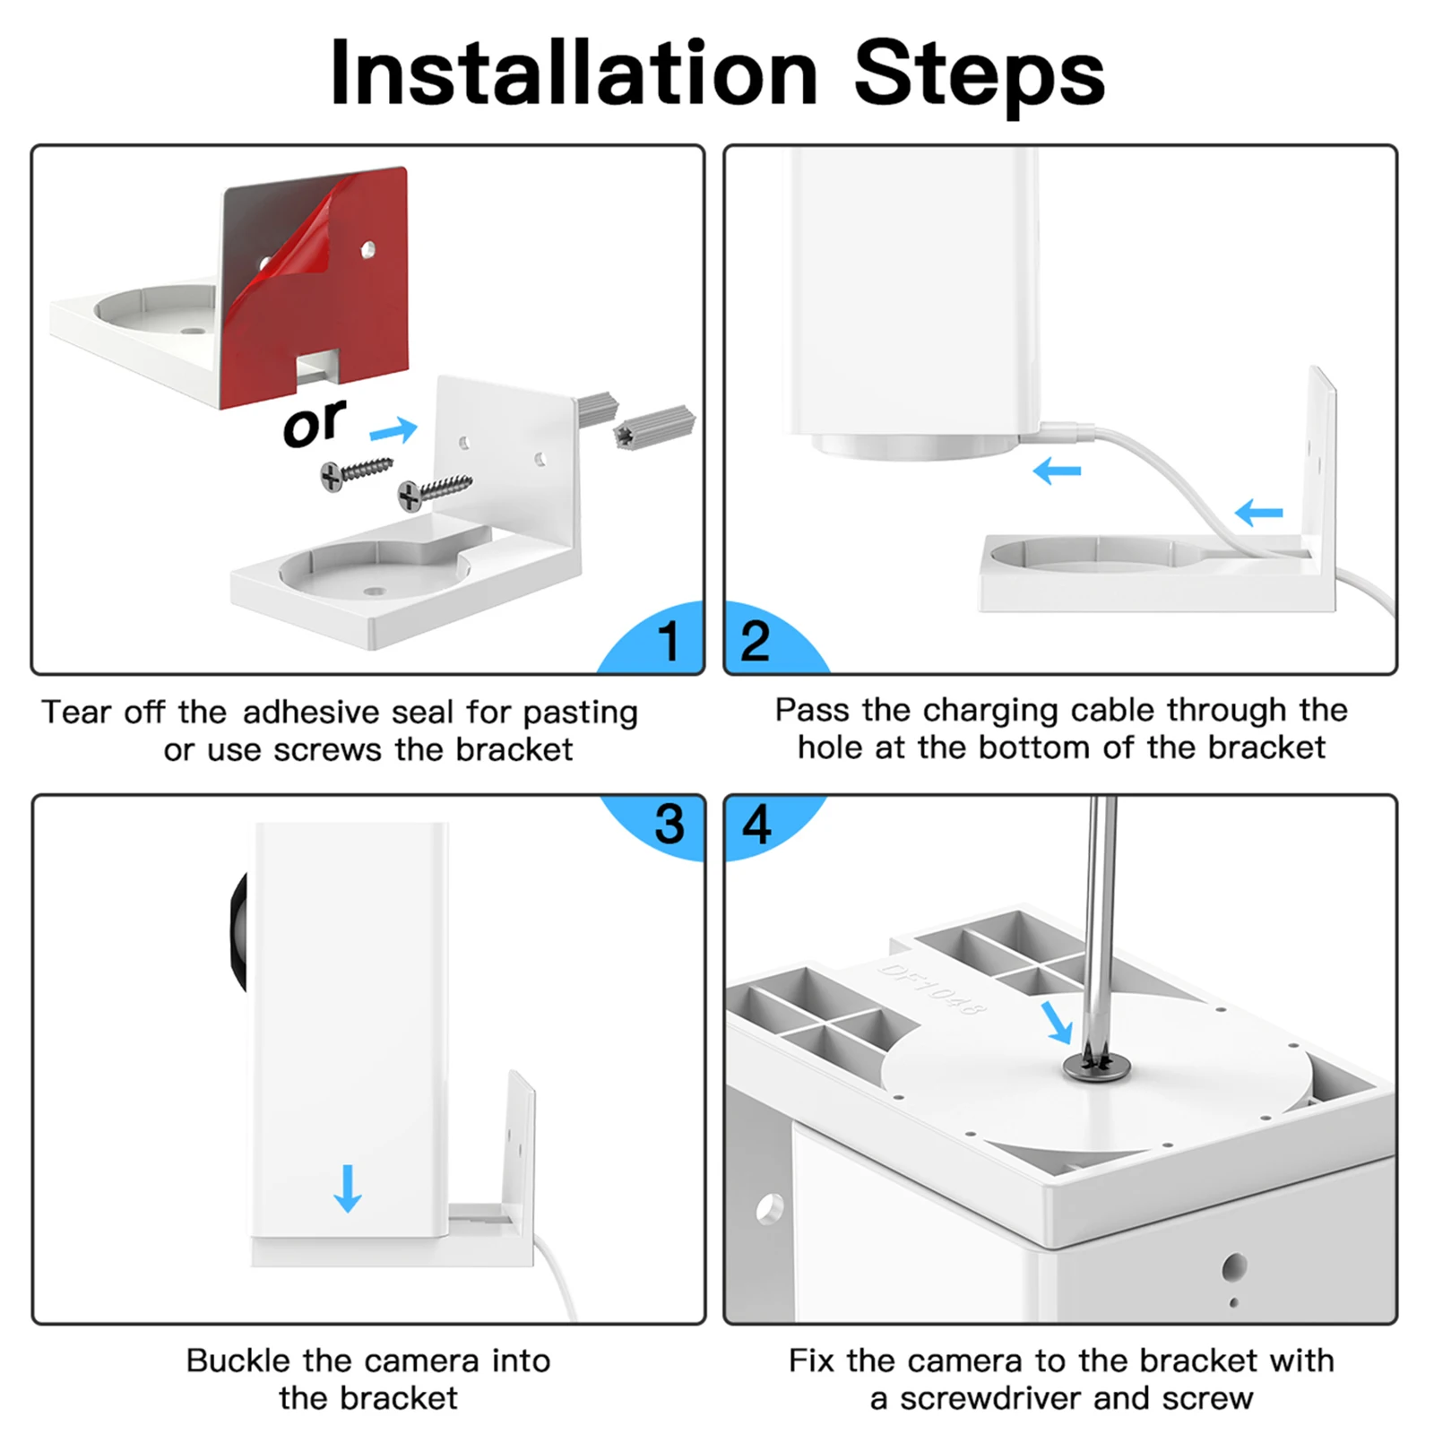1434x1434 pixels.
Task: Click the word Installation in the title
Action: pyautogui.click(x=574, y=73)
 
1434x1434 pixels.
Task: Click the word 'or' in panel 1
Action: pyautogui.click(x=314, y=423)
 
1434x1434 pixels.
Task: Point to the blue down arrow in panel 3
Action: pyautogui.click(x=348, y=1188)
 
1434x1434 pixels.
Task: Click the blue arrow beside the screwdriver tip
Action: pyautogui.click(x=1057, y=1023)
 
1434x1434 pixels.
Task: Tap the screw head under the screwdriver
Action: pyautogui.click(x=1097, y=1067)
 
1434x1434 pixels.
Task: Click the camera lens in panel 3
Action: pyautogui.click(x=238, y=932)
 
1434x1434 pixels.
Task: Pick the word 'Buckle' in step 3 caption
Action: pyautogui.click(x=239, y=1361)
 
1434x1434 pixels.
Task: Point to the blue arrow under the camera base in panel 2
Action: pyautogui.click(x=1057, y=471)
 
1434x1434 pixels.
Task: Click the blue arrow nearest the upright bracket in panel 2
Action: pyautogui.click(x=1258, y=513)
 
